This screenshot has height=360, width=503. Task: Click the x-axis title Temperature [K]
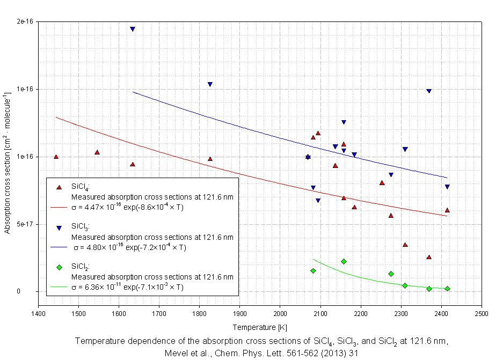tap(259, 327)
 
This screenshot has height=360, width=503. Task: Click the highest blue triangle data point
tap(133, 29)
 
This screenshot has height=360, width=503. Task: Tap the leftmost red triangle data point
tap(56, 157)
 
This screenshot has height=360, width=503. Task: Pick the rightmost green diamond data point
tap(447, 289)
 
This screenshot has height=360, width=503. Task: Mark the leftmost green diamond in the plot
tap(313, 271)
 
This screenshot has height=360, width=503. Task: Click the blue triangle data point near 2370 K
tap(429, 91)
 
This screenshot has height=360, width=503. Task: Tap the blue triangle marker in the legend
tap(59, 227)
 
